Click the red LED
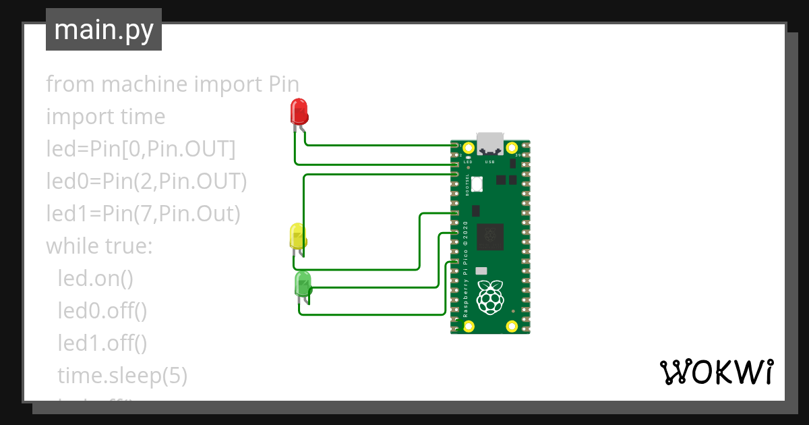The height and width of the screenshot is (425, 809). [299, 111]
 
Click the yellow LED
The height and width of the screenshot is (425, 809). [297, 236]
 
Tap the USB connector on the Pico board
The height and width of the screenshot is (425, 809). [490, 142]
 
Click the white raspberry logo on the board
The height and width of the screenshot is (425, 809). [490, 297]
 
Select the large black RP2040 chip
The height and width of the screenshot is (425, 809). [490, 236]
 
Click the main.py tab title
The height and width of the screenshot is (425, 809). [104, 30]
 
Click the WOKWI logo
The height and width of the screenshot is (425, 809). [715, 372]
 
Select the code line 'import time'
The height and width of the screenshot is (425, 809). [105, 117]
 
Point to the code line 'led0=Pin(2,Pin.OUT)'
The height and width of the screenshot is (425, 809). [146, 181]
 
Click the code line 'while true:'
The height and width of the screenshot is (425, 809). [100, 246]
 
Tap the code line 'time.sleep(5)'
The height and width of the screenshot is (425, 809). [122, 376]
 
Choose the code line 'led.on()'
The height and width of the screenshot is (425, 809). [95, 279]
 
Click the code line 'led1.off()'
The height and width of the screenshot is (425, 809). [102, 343]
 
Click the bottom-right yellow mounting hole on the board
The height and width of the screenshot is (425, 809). [512, 327]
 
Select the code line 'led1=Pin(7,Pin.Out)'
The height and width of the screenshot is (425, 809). [143, 214]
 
